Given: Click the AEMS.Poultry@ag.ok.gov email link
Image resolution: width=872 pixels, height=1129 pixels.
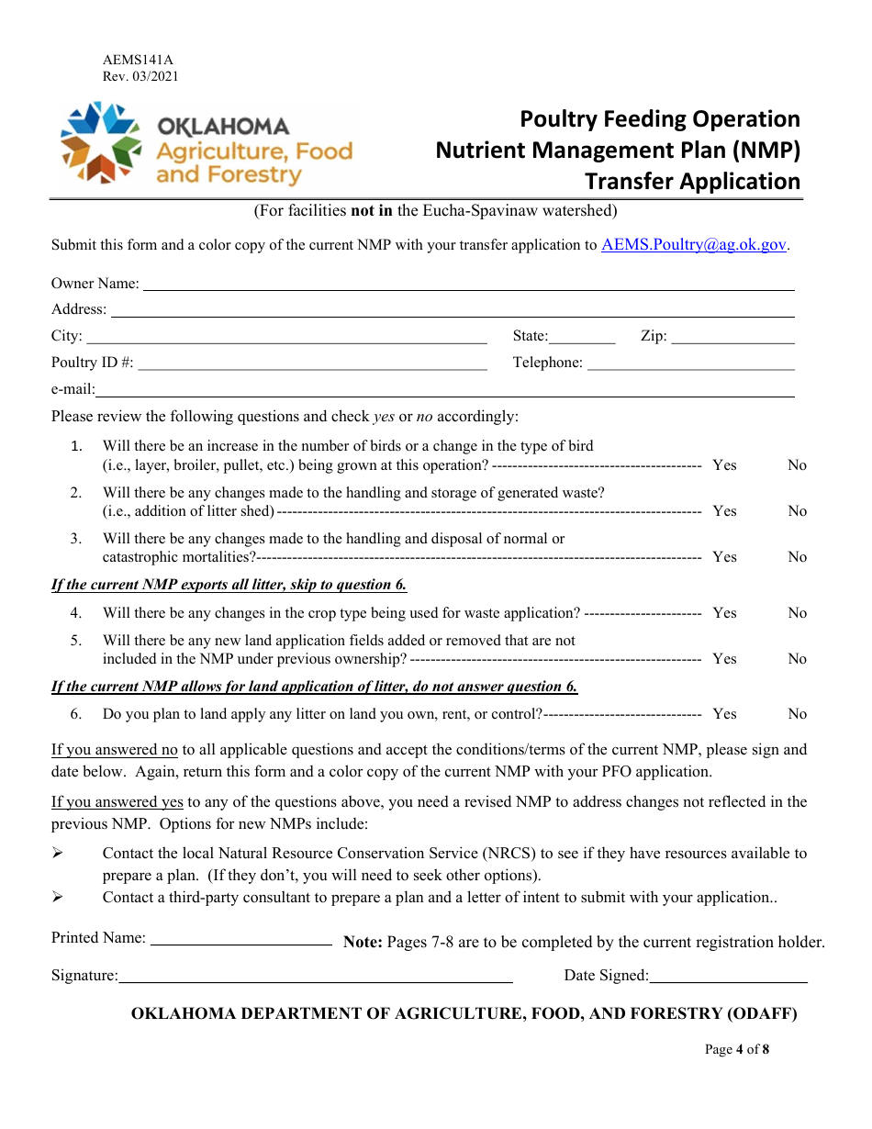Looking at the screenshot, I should [694, 244].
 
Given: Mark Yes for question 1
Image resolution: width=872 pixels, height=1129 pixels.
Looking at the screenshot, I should [724, 465].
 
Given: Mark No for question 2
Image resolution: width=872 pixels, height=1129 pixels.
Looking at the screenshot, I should [797, 511].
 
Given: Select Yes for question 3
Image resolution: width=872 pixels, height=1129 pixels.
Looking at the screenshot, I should [724, 557].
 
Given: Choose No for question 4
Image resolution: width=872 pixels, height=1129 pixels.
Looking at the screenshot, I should [797, 613].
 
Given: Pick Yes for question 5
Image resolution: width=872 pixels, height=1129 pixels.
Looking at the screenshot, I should [724, 659].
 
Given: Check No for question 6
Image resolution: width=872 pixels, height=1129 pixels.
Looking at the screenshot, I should [797, 714].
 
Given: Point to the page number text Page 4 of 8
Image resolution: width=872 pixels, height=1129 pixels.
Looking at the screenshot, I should [736, 1050].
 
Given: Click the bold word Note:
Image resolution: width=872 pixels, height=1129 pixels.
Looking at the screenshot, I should [363, 942].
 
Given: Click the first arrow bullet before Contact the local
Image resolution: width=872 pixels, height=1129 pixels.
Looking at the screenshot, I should [58, 854].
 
